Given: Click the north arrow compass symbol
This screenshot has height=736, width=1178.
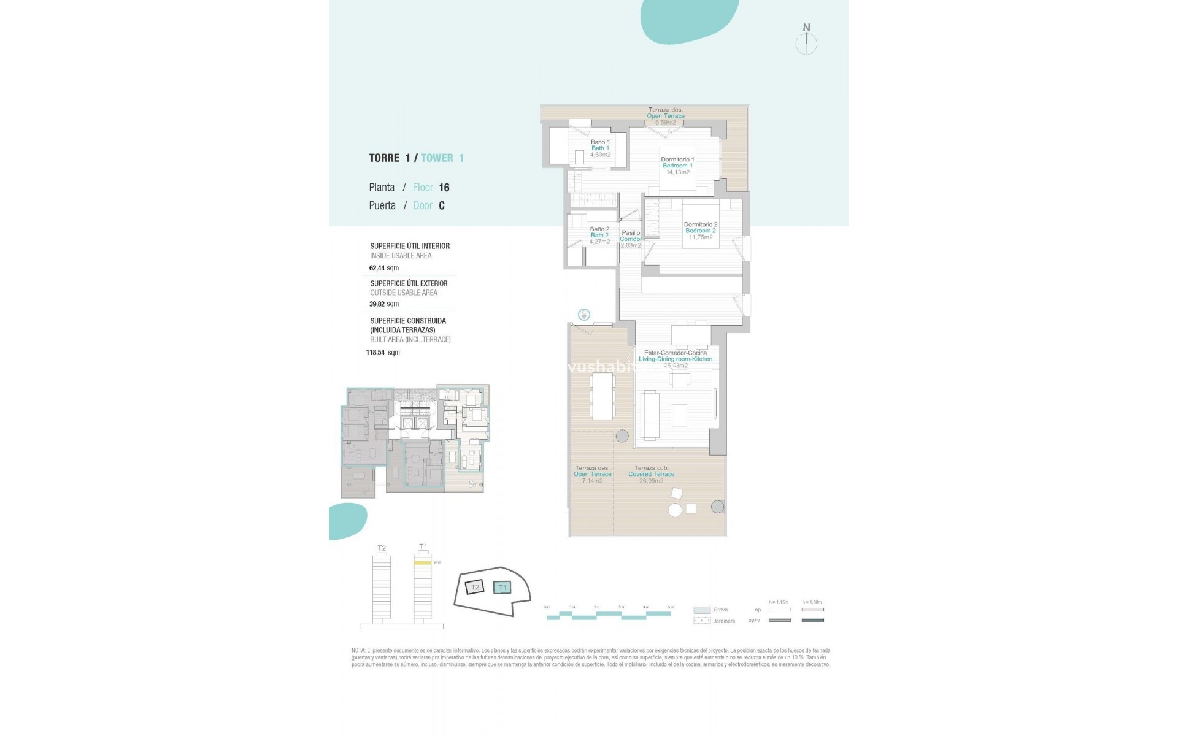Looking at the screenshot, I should click(x=806, y=42).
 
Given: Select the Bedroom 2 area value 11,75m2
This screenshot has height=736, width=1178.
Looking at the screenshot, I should click(x=700, y=237).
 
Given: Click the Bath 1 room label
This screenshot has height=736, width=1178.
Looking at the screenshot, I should click(x=600, y=148).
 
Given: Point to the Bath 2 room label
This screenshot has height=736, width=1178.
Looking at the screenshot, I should click(x=599, y=236).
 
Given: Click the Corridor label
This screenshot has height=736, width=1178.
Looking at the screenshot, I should click(x=631, y=239).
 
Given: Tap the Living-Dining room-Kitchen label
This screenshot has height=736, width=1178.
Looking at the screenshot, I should click(x=676, y=359).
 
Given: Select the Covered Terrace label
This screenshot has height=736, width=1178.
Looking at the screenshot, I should click(x=651, y=474).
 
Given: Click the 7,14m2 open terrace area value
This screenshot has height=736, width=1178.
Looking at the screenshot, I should click(x=592, y=481).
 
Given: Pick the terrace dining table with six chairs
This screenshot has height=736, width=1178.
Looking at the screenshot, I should click(x=602, y=396).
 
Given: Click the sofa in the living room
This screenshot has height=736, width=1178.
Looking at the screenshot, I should click(x=650, y=415).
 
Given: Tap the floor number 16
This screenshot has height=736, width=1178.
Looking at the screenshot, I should click(x=444, y=188).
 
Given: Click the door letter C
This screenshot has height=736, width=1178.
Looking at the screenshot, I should click(x=442, y=206).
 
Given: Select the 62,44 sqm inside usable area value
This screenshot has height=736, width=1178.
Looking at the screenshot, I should click(x=384, y=268).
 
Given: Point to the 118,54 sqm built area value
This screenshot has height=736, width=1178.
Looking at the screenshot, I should click(x=383, y=353).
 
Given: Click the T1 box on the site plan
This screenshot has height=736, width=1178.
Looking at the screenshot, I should click(x=502, y=588).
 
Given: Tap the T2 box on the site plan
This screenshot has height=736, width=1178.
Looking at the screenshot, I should click(x=474, y=588).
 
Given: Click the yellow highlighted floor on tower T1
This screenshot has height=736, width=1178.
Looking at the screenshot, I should click(x=422, y=562).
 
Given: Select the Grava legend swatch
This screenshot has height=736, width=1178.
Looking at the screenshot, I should click(x=701, y=610).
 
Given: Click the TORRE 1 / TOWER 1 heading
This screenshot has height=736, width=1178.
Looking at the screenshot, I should click(x=416, y=158).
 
